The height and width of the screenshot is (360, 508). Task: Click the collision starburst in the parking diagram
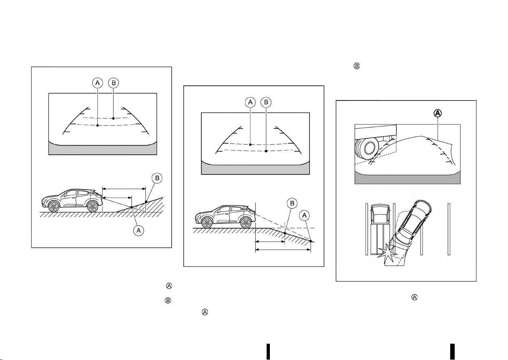[x=388, y=254]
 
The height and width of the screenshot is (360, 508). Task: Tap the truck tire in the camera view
[x=367, y=148]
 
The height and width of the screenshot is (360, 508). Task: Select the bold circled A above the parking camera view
[x=438, y=113]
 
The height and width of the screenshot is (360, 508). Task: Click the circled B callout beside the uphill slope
[x=157, y=178]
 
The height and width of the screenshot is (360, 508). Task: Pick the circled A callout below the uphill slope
[x=138, y=231]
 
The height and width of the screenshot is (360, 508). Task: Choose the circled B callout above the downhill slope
[x=292, y=203]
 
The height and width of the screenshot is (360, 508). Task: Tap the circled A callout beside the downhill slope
[x=304, y=215]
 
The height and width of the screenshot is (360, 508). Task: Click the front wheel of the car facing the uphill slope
[x=54, y=207]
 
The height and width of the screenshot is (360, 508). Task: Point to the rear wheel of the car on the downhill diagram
[x=245, y=223]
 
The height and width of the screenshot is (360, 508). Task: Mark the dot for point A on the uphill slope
[x=131, y=207]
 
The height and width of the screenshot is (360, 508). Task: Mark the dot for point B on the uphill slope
[x=146, y=201]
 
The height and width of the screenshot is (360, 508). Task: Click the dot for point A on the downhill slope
[x=311, y=241]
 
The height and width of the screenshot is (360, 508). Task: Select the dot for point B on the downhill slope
[x=285, y=233]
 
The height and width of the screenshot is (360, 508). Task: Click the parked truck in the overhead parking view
[x=380, y=229]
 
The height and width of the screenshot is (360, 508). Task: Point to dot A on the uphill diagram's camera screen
[x=98, y=125]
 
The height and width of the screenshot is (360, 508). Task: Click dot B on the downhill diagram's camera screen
[x=266, y=151]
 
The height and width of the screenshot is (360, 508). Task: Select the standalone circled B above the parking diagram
[x=357, y=66]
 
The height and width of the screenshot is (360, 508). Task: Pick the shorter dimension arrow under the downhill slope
[x=270, y=242]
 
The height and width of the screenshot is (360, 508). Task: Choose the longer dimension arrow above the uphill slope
[x=124, y=189]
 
